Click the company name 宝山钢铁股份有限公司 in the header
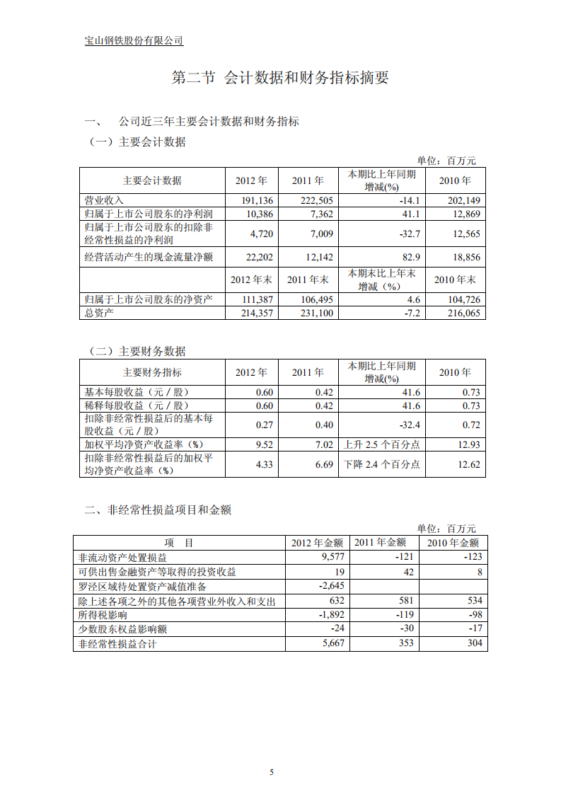(134, 40)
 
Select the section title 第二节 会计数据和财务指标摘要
(280, 78)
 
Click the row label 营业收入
(104, 200)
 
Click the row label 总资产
(99, 313)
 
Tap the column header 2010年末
(455, 279)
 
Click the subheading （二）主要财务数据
(137, 351)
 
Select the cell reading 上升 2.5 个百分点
(381, 444)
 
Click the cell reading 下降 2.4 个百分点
(381, 464)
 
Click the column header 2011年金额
(380, 543)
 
